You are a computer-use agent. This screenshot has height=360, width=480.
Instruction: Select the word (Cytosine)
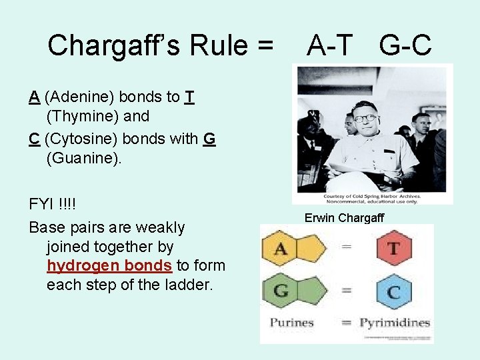tap(77, 139)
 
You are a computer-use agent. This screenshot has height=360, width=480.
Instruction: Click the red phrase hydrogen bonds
tap(109, 265)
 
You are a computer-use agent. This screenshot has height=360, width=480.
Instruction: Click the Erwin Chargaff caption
tap(344, 218)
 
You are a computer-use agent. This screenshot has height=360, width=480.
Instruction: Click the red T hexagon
tap(393, 249)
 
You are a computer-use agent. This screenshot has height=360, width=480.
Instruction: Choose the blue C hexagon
tap(393, 291)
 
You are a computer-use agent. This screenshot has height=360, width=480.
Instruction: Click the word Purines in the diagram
tap(291, 323)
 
